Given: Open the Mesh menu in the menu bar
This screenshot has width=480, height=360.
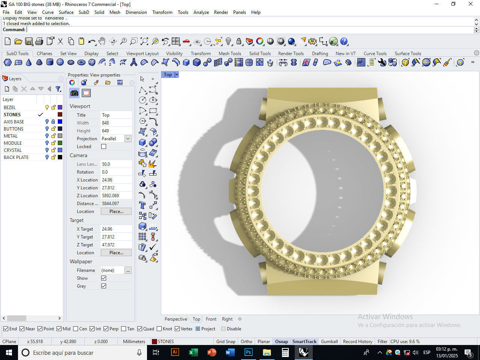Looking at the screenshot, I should (115, 12).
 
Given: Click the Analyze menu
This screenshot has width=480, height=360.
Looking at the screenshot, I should (201, 12).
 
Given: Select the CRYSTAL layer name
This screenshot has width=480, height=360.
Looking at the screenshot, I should (13, 150).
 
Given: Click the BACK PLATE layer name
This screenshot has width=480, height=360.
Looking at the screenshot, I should (16, 157).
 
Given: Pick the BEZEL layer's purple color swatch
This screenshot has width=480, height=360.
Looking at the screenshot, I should (60, 107).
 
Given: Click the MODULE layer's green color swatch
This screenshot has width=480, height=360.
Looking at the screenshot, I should (60, 143).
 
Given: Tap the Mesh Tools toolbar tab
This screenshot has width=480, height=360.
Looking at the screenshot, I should (230, 53).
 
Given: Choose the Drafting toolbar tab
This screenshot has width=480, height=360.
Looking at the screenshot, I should (320, 53).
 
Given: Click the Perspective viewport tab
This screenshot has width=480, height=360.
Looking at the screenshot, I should (176, 319).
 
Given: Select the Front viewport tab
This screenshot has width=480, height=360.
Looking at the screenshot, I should (211, 319).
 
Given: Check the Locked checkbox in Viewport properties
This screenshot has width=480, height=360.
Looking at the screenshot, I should (104, 147).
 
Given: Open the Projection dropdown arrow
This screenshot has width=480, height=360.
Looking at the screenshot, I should (128, 139).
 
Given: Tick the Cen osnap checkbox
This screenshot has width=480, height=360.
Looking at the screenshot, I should (76, 329).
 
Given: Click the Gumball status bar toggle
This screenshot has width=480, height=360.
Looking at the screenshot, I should (329, 341).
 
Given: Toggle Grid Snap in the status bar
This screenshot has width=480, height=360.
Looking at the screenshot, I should (226, 341).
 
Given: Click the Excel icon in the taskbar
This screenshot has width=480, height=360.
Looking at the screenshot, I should (193, 352).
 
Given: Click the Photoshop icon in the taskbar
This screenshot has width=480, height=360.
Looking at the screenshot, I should (248, 352).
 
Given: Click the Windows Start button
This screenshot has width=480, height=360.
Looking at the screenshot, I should (9, 352).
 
